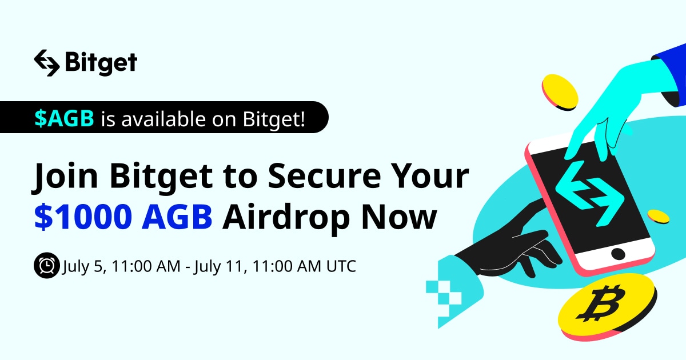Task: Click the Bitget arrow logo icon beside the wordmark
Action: pyautogui.click(x=46, y=62)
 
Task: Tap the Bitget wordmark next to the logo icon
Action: pyautogui.click(x=101, y=63)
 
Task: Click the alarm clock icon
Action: pyautogui.click(x=46, y=266)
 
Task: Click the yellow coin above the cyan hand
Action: pyautogui.click(x=560, y=91)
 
